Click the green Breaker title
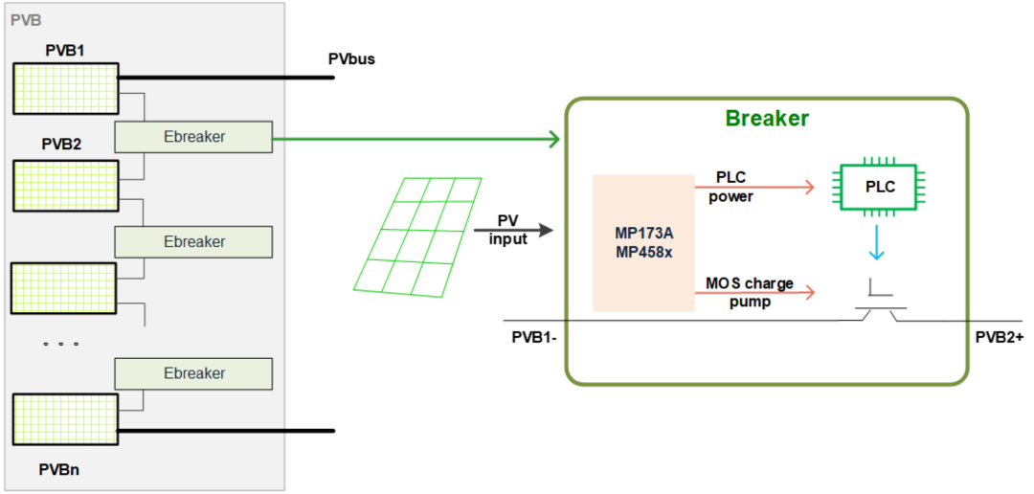pyautogui.click(x=767, y=119)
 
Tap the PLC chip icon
pyautogui.click(x=880, y=187)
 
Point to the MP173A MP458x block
pyautogui.click(x=643, y=242)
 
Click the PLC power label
pyautogui.click(x=731, y=187)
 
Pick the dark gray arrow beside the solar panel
pyautogui.click(x=514, y=230)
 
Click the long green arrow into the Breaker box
pyautogui.click(x=416, y=141)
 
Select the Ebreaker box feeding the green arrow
pyautogui.click(x=193, y=137)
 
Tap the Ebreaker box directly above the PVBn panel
pyautogui.click(x=193, y=373)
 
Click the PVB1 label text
pyautogui.click(x=65, y=50)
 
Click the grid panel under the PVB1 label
pyautogui.click(x=66, y=88)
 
